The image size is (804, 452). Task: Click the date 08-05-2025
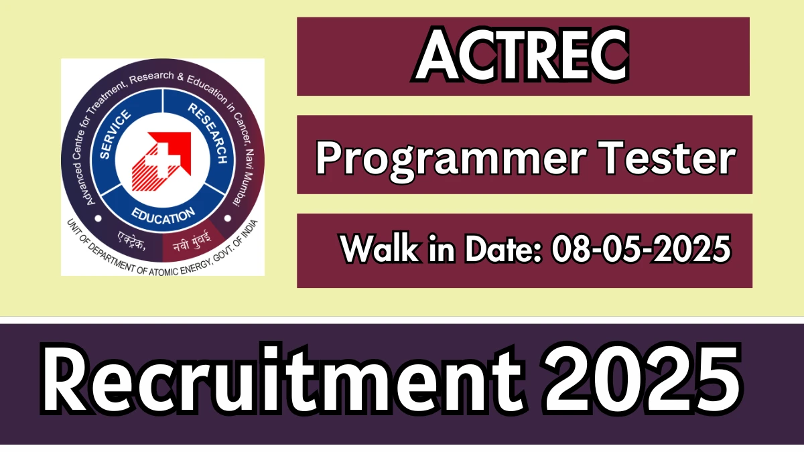coord(641,248)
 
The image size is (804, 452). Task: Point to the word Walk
coord(380,248)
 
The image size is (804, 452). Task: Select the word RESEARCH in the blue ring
coord(208,133)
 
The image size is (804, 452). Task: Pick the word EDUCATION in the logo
coord(163,216)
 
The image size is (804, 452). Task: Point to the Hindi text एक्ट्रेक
coord(131,240)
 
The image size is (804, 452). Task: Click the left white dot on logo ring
coord(98,218)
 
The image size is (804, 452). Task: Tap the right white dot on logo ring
coord(228,218)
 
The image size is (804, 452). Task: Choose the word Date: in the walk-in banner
coord(503,248)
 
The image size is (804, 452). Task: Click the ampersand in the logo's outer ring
coord(180,76)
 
